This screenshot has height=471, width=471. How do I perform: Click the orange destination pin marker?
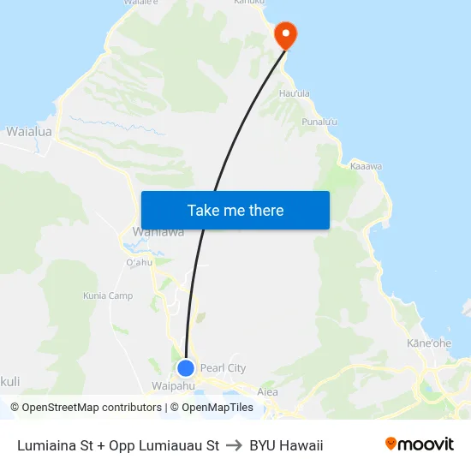(x=284, y=34)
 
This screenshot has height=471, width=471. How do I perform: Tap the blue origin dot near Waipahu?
(x=186, y=368)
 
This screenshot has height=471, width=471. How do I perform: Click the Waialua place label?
(x=29, y=132)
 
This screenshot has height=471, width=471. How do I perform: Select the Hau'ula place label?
(x=294, y=93)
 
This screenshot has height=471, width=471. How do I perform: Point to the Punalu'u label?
(x=319, y=122)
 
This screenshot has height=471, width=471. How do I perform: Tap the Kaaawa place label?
(x=367, y=165)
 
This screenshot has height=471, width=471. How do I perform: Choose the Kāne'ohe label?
(x=429, y=343)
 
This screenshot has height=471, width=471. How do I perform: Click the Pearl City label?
(x=223, y=368)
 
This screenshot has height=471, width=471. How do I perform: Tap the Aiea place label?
(x=267, y=392)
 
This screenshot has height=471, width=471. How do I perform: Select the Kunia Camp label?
(x=108, y=296)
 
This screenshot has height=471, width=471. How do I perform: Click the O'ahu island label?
(x=139, y=262)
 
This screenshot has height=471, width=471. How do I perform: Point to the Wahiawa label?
(x=158, y=232)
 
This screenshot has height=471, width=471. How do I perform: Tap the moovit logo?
(x=419, y=444)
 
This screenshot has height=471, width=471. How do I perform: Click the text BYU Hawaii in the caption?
(x=286, y=445)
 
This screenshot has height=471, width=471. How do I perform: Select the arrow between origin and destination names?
(x=234, y=445)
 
